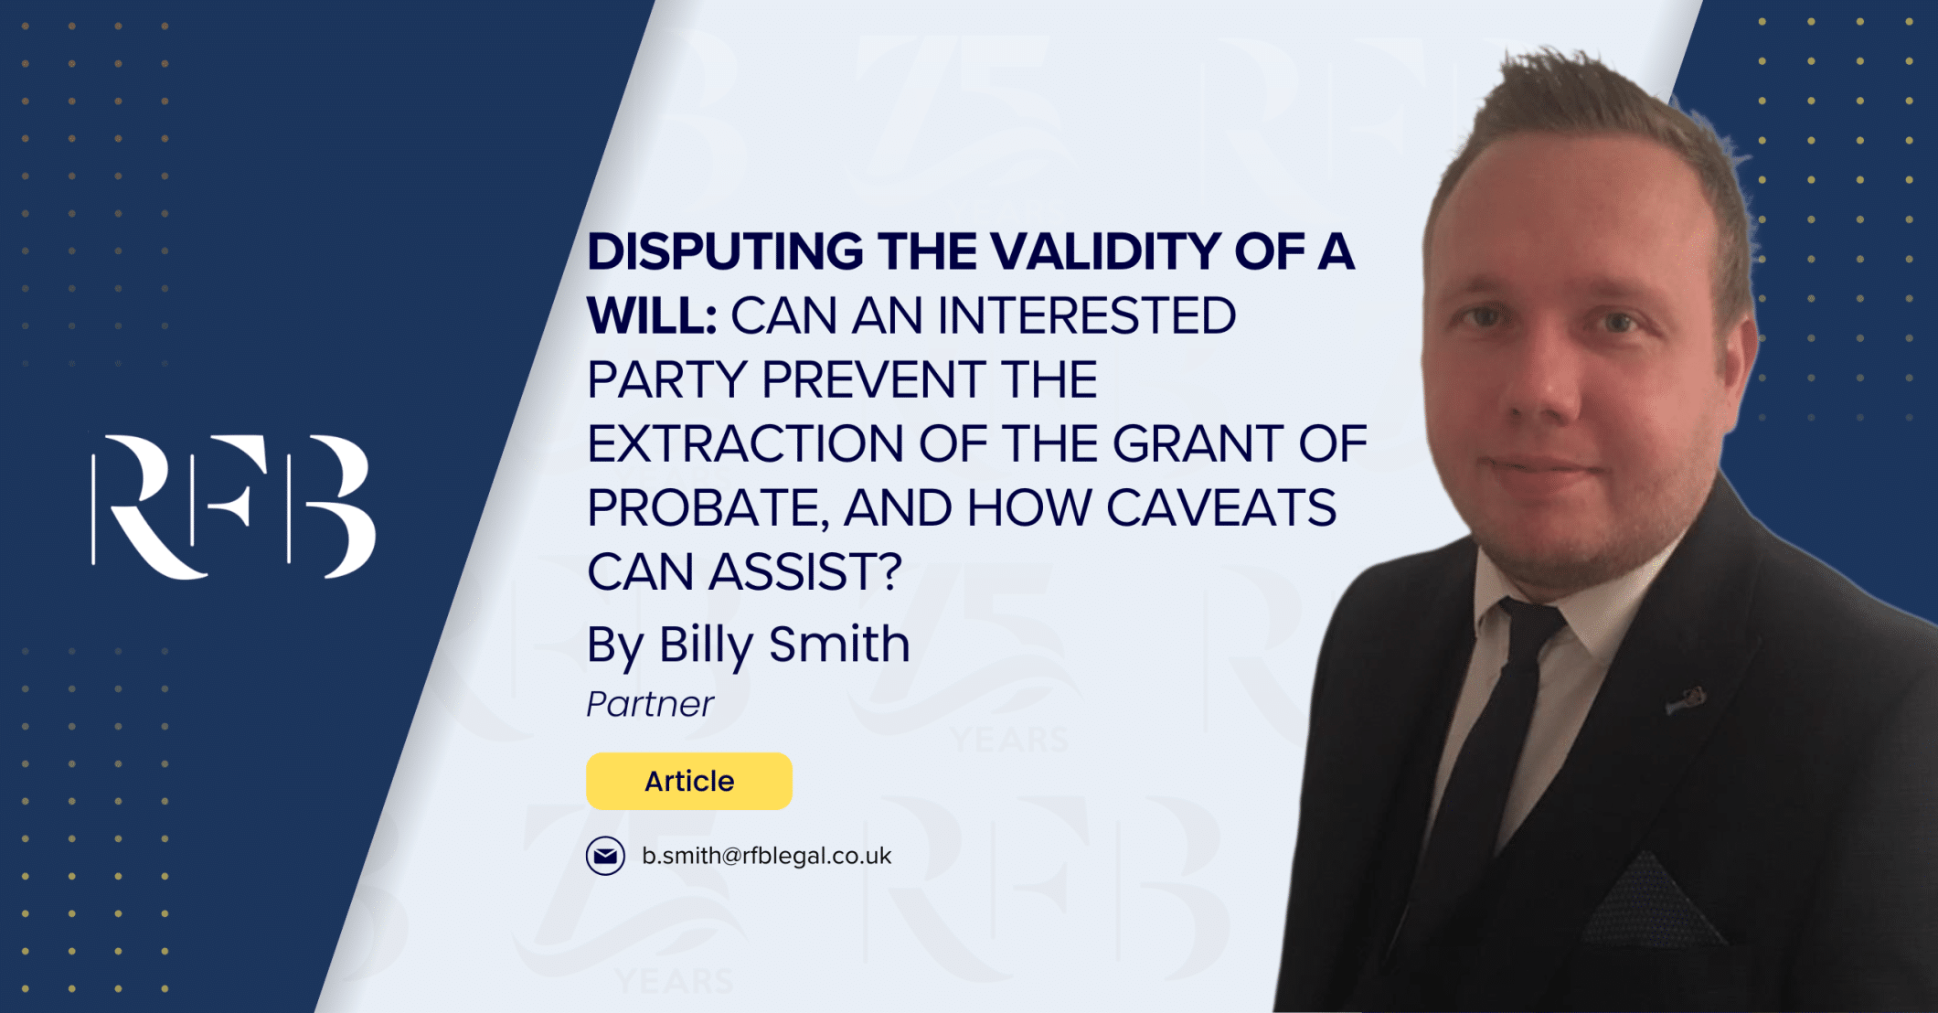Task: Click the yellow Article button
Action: tap(689, 781)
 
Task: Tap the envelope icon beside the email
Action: tap(605, 856)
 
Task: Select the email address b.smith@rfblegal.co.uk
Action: tap(766, 856)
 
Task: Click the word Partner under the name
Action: tap(649, 704)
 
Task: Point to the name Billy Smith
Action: tap(784, 645)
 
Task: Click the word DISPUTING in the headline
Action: tap(725, 251)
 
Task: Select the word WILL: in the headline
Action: tap(652, 315)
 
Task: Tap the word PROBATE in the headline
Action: tap(708, 508)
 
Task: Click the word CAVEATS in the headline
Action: tap(1221, 507)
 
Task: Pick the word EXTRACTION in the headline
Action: tap(745, 443)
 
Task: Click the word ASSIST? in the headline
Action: tap(805, 571)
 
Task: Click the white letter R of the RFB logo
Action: tap(151, 506)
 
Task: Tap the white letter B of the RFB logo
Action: tap(331, 506)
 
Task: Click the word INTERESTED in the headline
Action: tap(1087, 315)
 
